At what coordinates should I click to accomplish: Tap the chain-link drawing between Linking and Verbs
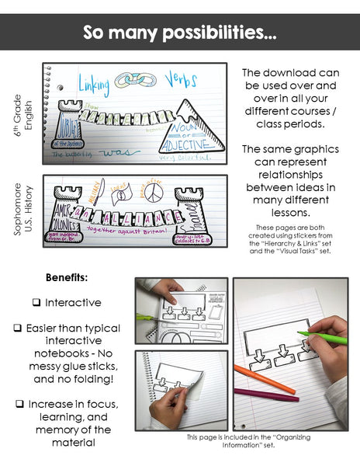[x=137, y=79]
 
